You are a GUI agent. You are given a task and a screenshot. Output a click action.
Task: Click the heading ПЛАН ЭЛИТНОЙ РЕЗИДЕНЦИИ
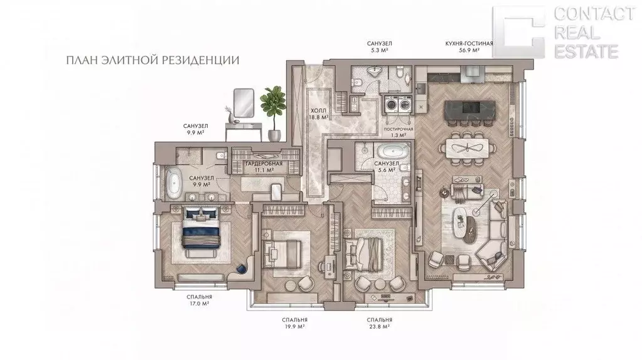pyautogui.click(x=152, y=61)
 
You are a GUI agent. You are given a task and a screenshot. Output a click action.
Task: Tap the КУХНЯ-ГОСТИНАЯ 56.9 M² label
pyautogui.click(x=469, y=46)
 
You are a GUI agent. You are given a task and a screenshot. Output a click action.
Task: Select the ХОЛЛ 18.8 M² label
pyautogui.click(x=319, y=114)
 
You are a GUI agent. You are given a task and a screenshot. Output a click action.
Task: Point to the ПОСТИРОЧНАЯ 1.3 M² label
pyautogui.click(x=398, y=132)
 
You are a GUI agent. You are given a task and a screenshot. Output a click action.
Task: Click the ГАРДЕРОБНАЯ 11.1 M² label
pyautogui.click(x=264, y=167)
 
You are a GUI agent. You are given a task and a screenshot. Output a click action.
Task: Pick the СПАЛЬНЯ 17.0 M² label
pyautogui.click(x=200, y=300)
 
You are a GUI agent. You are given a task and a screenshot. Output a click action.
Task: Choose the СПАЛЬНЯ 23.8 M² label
pyautogui.click(x=380, y=323)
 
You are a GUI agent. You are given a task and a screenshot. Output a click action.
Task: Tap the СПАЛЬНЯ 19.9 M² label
pyautogui.click(x=294, y=323)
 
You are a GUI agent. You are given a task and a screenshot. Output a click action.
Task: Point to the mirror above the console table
pyautogui.click(x=243, y=102)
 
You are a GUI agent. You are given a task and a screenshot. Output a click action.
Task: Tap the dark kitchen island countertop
pyautogui.click(x=467, y=109)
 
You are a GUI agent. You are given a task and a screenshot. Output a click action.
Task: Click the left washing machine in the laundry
pyautogui.click(x=391, y=104)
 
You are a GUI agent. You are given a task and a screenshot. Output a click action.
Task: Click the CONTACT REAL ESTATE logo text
pyautogui.click(x=594, y=33)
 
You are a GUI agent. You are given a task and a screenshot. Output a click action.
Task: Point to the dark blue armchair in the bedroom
pyautogui.click(x=243, y=268)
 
